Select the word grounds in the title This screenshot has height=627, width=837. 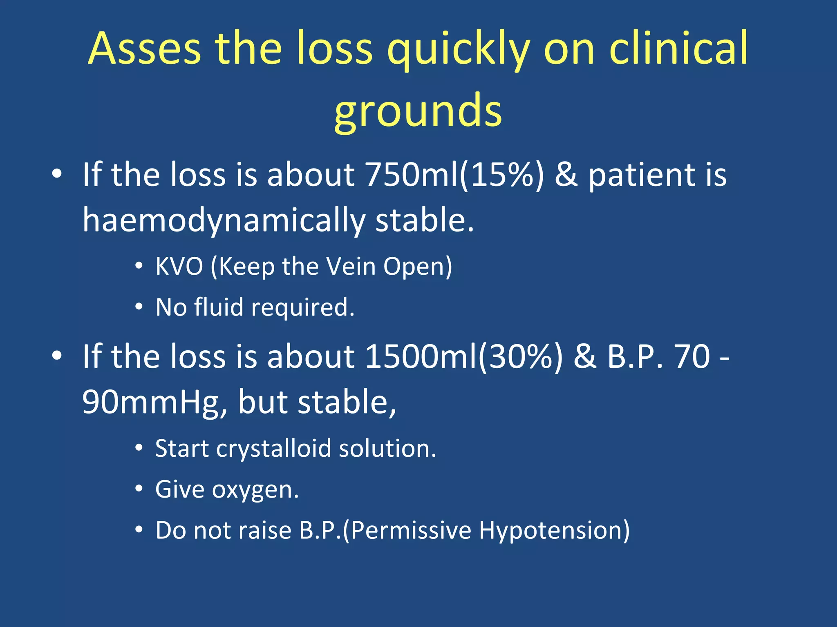(418, 111)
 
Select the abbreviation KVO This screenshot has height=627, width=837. (179, 267)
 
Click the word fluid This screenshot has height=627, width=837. (219, 307)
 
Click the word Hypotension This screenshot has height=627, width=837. (554, 531)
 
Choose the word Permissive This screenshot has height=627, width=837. (411, 531)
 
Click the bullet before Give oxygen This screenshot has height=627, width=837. (139, 489)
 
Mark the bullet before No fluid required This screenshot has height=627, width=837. (139, 307)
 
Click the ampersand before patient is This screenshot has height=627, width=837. (566, 175)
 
